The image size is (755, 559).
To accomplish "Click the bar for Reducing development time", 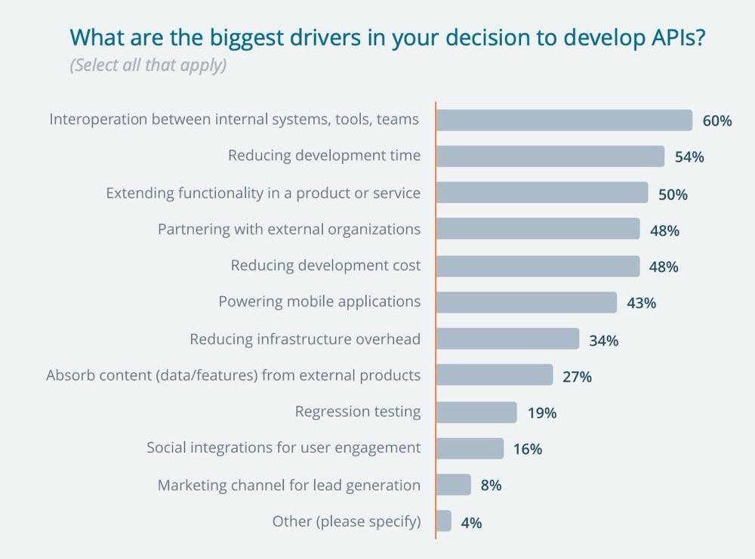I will coord(550,156).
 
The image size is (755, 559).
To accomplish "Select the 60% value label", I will coord(716,120).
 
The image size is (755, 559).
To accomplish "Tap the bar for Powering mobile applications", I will coord(526,302).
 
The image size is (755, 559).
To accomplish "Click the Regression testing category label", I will coord(358,412).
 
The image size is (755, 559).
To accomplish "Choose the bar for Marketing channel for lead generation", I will coord(453,485).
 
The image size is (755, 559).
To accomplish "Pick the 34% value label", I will coord(603,341).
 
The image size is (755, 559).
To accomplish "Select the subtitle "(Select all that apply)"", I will coord(148,65).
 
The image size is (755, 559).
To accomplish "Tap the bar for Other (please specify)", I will coord(444,521).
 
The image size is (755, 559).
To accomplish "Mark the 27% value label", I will coord(577,376).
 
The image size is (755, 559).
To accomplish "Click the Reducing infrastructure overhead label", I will coord(305,339).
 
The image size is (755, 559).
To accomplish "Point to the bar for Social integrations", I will coord(470,449).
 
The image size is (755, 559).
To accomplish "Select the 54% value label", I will coord(689,157).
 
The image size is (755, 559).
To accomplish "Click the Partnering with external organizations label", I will coord(289,229).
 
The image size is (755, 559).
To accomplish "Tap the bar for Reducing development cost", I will coord(538,266).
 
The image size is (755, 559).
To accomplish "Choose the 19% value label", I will coord(541,412).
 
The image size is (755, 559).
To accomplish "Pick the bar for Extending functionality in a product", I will coord(541,193).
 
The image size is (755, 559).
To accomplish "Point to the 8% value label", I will coord(491,486).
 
